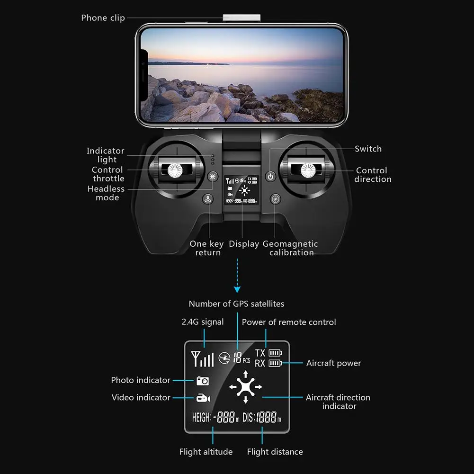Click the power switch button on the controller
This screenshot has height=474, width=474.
[270, 177]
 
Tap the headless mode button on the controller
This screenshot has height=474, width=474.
[213, 176]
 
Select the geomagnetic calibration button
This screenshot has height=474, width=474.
[275, 199]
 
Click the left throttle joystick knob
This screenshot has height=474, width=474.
[175, 170]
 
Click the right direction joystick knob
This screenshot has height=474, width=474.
[308, 170]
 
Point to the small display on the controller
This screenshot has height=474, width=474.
[241, 190]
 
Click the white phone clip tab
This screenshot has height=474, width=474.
[241, 18]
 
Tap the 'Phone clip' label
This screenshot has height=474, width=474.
[103, 18]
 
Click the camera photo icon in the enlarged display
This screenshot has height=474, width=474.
[203, 381]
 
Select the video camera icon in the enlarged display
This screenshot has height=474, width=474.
[203, 398]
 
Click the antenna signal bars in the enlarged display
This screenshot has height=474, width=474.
[203, 359]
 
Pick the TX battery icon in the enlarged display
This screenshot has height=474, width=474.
[275, 353]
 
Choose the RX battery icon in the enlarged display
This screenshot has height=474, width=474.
[275, 363]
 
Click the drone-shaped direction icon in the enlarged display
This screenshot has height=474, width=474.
[245, 387]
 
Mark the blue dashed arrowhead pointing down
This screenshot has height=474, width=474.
[237, 289]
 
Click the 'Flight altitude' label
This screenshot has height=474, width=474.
[206, 452]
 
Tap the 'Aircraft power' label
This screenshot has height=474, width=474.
[334, 363]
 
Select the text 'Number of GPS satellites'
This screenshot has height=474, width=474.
[236, 304]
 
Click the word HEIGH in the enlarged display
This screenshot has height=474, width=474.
[201, 418]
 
